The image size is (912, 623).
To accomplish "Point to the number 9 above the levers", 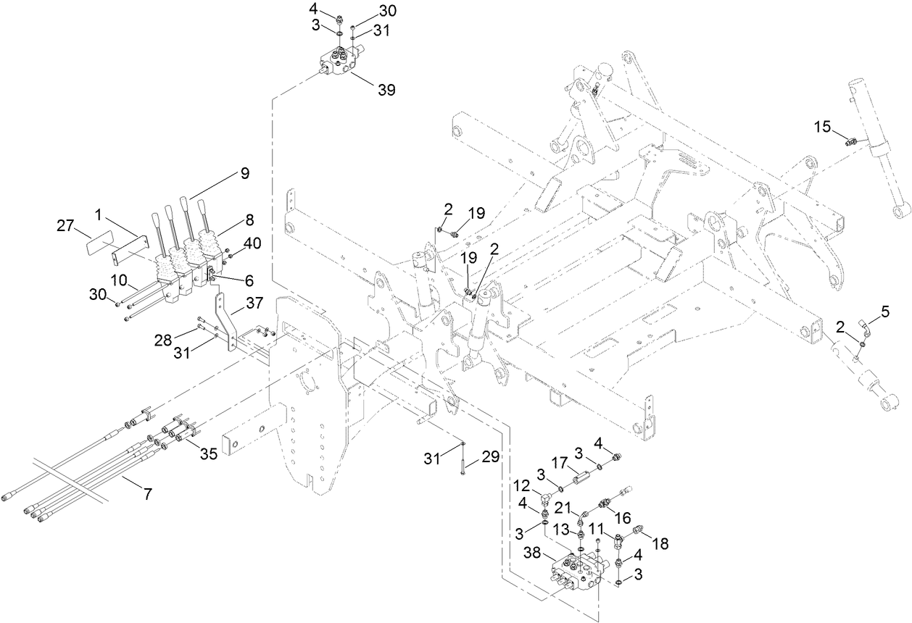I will click(x=244, y=173).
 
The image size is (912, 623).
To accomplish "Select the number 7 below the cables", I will click(x=147, y=495).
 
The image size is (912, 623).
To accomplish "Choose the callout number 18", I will click(x=662, y=542).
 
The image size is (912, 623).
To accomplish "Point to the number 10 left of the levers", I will click(x=119, y=279).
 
